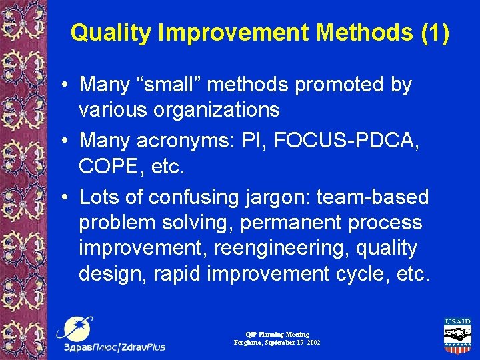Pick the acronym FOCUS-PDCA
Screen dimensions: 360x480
pyautogui.click(x=343, y=141)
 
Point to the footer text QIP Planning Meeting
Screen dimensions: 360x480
pyautogui.click(x=277, y=334)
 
